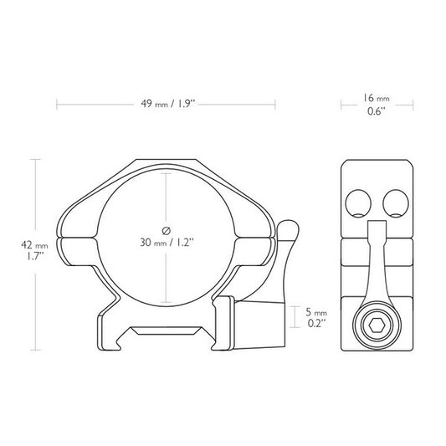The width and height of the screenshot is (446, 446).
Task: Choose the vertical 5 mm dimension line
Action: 293,316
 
